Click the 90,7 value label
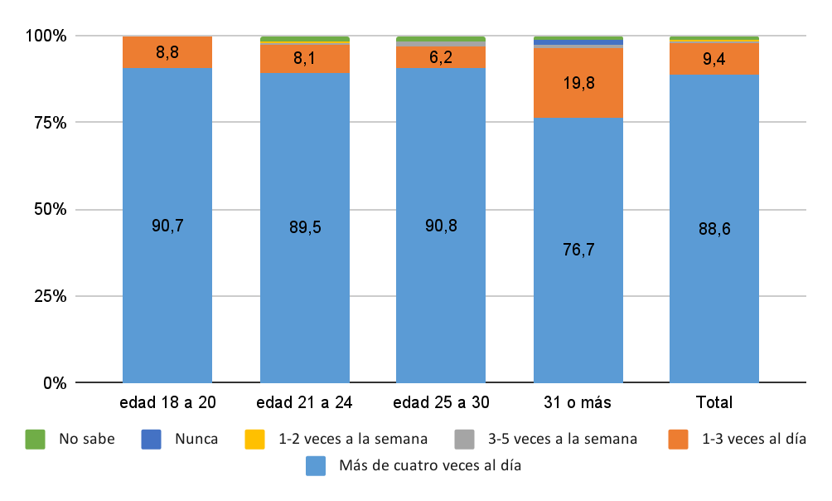pos(167,225)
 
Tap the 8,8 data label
pos(167,51)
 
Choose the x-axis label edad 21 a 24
pos(304,403)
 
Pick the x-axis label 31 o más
pos(578,403)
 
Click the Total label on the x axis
pos(714,403)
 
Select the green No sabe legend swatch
pos(35,439)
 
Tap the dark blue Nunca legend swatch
pos(151,439)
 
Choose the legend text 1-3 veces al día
pos(753,439)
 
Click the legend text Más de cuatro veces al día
pos(429,465)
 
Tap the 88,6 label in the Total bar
pos(714,229)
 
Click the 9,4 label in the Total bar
pos(714,58)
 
